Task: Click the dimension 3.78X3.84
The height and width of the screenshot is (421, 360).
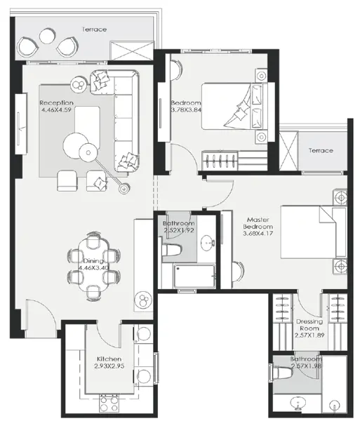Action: (x=185, y=109)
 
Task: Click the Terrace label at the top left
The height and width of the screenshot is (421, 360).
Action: (x=93, y=29)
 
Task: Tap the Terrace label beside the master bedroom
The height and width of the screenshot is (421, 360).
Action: (x=320, y=151)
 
